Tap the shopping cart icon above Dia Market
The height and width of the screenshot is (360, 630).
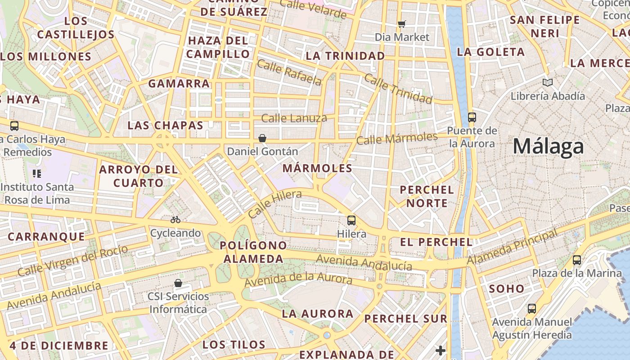401,24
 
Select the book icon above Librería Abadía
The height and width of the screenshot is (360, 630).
547,82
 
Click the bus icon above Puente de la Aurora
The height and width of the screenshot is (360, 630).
472,117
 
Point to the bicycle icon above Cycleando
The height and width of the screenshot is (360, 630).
175,220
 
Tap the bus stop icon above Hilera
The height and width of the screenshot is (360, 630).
351,220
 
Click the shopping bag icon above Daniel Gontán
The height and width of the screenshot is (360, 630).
262,138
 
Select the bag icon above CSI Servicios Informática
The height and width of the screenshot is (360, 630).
178,283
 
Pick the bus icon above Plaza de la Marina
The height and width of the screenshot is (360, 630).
576,260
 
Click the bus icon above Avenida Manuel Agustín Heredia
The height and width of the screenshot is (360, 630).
531,309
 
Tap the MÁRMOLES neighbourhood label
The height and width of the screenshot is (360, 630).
318,168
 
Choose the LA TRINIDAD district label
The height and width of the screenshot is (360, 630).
345,56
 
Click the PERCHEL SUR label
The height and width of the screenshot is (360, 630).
405,319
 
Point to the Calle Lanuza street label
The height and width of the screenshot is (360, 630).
294,118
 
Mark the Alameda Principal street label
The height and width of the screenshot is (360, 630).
512,247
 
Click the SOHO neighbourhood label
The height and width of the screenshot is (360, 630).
506,288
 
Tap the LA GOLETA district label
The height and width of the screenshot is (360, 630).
490,52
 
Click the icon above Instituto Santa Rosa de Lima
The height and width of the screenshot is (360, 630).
37,173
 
